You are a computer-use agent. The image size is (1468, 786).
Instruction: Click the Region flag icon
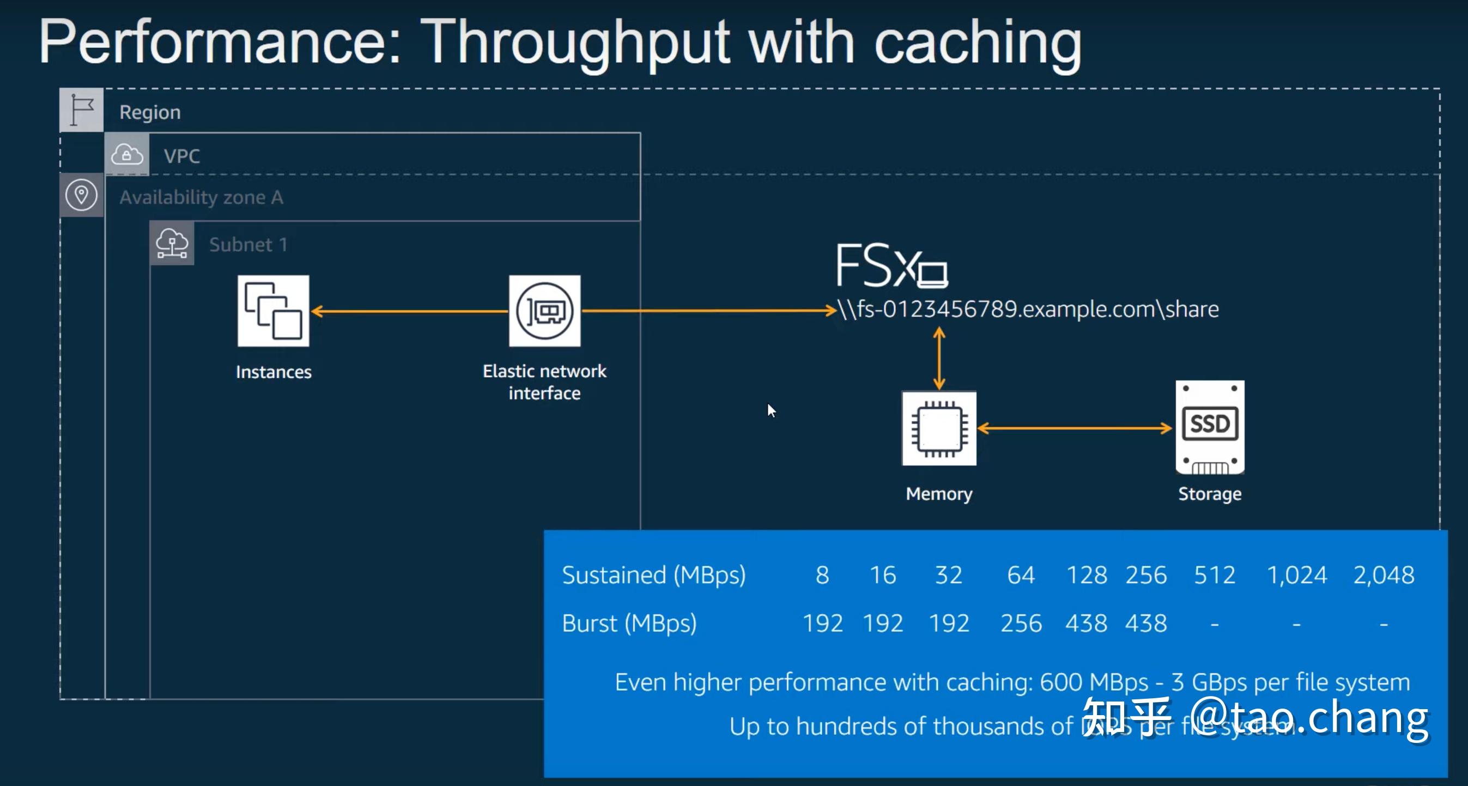click(x=82, y=110)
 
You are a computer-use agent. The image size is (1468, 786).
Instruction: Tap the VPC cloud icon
click(x=126, y=154)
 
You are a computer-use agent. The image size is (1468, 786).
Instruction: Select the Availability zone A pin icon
click(x=82, y=196)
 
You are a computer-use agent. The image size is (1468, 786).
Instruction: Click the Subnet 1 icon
click(x=172, y=244)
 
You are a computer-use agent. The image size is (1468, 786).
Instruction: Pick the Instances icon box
click(x=274, y=311)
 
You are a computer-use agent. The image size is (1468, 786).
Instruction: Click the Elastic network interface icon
click(x=544, y=311)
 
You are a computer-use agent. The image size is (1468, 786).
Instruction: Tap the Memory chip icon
click(x=938, y=428)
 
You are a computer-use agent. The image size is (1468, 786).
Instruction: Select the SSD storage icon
click(x=1209, y=427)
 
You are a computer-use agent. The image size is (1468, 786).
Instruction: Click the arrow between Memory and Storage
click(x=1074, y=428)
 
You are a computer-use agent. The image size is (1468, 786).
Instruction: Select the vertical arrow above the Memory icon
click(x=939, y=359)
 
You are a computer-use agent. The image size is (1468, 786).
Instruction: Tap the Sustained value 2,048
click(x=1383, y=575)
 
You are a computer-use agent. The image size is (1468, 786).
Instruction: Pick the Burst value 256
click(x=1021, y=624)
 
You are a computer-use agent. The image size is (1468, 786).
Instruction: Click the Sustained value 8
click(x=822, y=575)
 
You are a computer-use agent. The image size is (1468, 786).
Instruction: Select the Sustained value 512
click(x=1215, y=575)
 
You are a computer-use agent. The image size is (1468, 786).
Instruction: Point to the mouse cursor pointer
click(x=771, y=410)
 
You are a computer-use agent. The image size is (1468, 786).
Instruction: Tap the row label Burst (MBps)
click(x=629, y=624)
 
